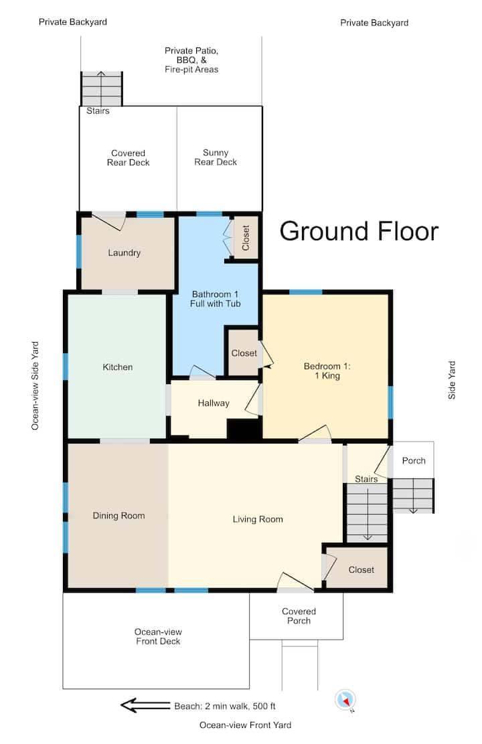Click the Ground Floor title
click(359, 231)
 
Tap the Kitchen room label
click(118, 367)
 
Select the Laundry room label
click(124, 253)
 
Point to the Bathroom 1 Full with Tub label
click(215, 299)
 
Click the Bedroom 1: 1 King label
click(327, 371)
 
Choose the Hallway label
click(214, 403)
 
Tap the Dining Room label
click(118, 516)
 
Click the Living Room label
click(258, 519)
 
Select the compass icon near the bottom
click(345, 700)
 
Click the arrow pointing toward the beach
click(145, 705)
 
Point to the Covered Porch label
click(299, 616)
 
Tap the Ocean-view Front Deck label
click(158, 636)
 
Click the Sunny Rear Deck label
click(216, 157)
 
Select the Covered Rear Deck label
click(129, 157)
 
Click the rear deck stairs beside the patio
click(102, 89)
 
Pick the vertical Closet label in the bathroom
click(246, 238)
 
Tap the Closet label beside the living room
click(361, 570)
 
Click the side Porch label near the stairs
click(414, 460)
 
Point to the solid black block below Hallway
click(244, 430)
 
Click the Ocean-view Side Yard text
click(35, 386)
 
